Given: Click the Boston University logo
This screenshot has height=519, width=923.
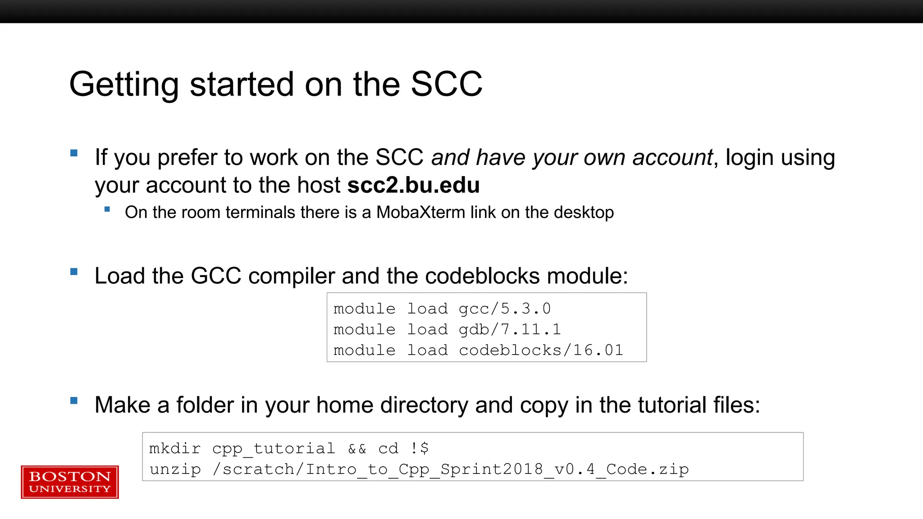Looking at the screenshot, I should [70, 482].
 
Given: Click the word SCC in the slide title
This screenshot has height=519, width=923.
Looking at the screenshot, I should [446, 84].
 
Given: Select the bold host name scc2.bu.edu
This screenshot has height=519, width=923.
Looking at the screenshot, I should [413, 185].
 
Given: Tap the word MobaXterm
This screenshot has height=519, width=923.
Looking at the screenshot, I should [420, 212].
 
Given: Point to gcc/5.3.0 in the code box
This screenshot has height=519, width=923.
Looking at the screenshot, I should [504, 309].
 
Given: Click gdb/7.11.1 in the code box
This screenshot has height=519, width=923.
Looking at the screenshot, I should [510, 329].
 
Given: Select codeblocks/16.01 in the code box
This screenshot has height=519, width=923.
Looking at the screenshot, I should [541, 350].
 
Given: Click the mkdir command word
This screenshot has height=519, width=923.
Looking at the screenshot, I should [175, 448].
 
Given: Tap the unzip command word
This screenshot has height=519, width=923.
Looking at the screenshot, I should [175, 469].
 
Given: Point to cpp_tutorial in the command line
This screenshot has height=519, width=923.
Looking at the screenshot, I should [274, 448].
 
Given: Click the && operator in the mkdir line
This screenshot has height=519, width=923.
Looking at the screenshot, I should [357, 448].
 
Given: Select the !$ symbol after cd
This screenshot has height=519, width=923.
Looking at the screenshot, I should [420, 448].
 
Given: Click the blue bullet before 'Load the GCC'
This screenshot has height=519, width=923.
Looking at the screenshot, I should [74, 272].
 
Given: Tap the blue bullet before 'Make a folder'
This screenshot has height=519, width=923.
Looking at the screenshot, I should [74, 401].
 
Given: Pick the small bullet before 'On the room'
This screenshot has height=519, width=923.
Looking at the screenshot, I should [107, 209].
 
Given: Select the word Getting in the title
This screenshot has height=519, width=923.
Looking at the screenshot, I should [124, 84].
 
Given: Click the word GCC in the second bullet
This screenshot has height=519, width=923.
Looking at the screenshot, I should [216, 276].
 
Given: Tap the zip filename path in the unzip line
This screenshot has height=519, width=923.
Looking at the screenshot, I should [451, 469].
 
